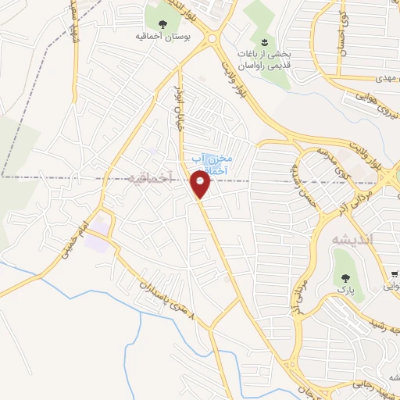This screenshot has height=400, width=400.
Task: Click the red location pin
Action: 201,184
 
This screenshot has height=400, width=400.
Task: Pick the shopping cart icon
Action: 395,274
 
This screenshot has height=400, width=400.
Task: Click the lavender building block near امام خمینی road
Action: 98,238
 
